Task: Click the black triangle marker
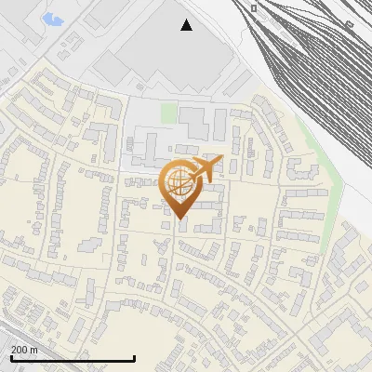187,25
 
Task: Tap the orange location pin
181,186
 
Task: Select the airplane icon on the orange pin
206,168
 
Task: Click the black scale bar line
73,358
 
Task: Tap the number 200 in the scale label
20,350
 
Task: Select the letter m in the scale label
34,350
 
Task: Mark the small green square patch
168,113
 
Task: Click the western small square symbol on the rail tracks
254,7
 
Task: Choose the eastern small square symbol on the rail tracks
350,25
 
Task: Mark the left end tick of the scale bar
10,357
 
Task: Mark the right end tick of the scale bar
135,357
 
